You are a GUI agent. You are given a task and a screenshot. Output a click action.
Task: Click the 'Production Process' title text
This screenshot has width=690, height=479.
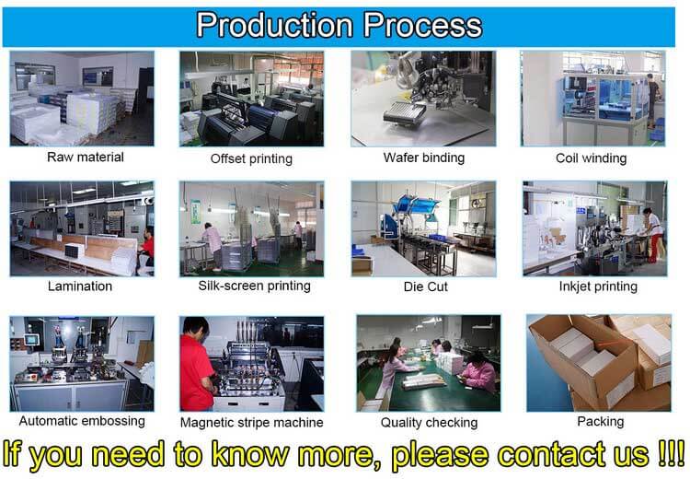coord(339,25)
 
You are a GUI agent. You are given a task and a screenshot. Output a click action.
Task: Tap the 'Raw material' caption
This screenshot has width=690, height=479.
coord(86,157)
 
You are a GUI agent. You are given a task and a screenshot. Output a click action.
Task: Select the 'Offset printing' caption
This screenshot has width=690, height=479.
coord(251,158)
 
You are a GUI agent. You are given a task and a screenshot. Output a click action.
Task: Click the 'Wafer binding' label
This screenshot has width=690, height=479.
coord(424,158)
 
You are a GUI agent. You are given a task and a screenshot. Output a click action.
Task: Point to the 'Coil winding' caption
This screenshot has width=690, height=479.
coord(591,158)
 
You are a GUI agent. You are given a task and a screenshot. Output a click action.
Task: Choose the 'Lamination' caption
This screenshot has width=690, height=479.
coord(80,286)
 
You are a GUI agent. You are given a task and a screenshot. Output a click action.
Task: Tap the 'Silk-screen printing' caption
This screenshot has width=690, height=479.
coord(254,286)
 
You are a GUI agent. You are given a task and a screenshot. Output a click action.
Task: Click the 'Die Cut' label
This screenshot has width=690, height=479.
coord(426,286)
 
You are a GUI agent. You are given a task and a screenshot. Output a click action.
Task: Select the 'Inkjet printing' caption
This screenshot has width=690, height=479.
coord(598,286)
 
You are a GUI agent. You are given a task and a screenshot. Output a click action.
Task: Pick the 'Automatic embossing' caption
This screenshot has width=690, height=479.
coord(82,421)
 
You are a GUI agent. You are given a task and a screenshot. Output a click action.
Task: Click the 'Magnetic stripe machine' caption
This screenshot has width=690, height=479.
coord(252,423)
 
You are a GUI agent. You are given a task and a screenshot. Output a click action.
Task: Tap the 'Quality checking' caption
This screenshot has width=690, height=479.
coord(429,423)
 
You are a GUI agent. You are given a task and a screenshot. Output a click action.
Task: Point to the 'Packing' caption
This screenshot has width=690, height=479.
coord(600,422)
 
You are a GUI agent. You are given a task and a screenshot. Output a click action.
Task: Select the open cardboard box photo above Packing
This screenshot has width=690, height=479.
coord(599,363)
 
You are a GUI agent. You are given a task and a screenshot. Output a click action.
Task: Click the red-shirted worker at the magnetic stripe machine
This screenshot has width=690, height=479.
coord(197,365)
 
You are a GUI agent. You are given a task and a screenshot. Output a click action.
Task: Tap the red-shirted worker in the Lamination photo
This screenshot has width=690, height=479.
coord(147,249)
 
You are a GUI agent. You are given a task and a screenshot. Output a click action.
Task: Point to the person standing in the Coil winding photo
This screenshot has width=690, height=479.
coord(653,99)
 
